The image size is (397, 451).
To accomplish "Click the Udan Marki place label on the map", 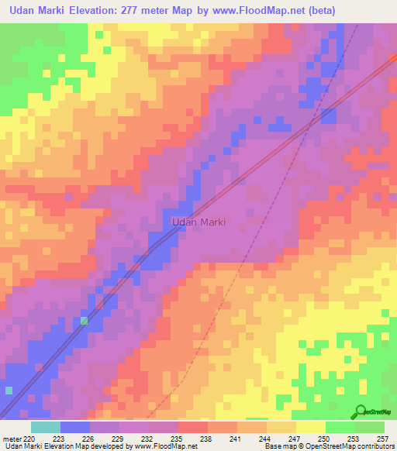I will (198, 222).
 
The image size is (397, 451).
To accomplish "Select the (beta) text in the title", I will (369, 10).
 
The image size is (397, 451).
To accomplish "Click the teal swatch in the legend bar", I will (45, 427).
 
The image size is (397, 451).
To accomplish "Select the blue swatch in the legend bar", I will (74, 427).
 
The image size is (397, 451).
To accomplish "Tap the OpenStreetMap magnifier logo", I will (359, 411).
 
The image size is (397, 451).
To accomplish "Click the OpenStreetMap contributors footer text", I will (354, 446).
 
